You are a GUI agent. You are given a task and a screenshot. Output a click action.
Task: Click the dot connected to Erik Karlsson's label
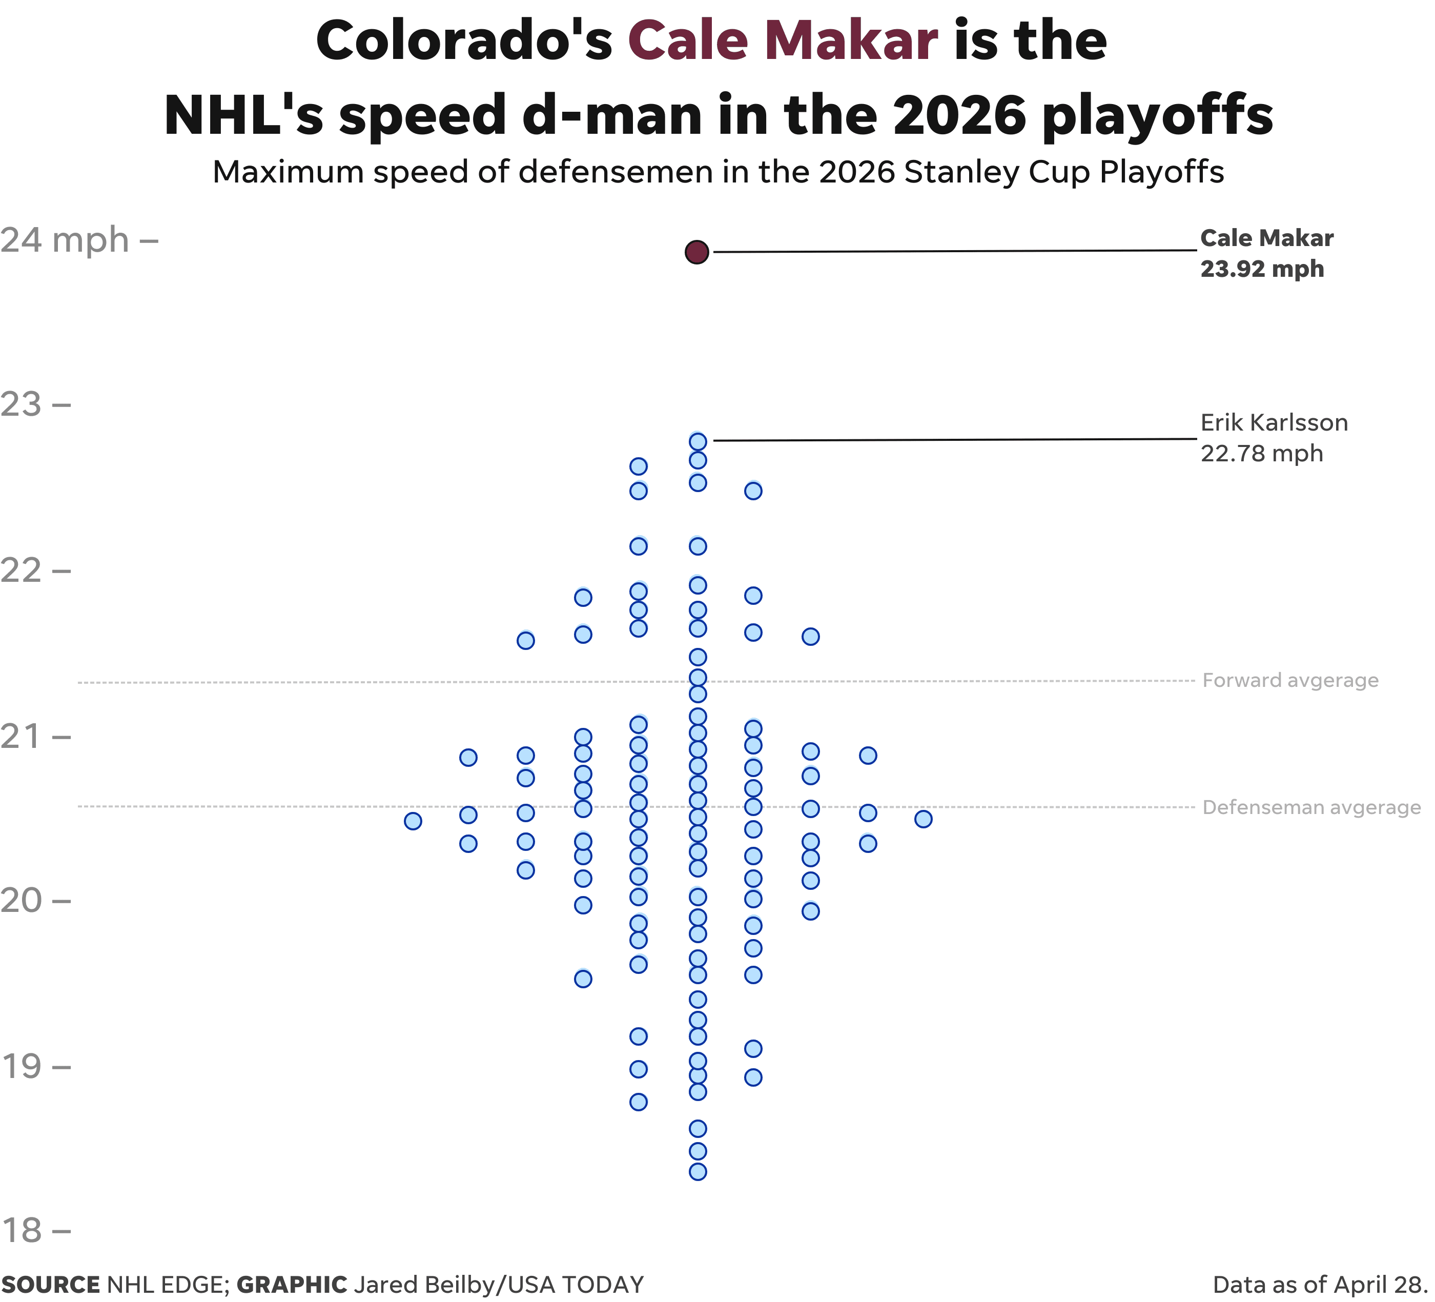click(x=698, y=442)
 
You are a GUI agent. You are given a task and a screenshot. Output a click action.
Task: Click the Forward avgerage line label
click(x=1290, y=681)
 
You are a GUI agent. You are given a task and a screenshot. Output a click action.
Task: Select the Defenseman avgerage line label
click(x=1310, y=807)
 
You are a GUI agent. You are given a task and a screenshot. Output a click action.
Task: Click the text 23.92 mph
click(x=1261, y=269)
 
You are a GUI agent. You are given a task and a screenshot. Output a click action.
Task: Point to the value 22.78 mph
click(x=1261, y=454)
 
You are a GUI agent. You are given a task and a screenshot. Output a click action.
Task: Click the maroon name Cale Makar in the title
click(x=782, y=40)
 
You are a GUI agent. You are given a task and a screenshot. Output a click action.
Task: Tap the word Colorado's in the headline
click(x=463, y=40)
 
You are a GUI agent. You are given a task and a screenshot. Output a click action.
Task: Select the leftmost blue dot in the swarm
click(x=413, y=821)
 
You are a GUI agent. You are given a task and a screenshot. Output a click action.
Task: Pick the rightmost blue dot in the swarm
click(x=922, y=819)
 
